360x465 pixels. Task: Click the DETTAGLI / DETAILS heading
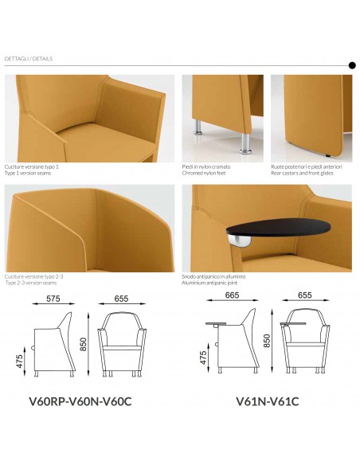coord(29,59)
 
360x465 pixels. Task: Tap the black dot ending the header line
coord(352,65)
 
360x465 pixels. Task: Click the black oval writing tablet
coord(278,227)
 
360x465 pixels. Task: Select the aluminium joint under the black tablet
coord(240,240)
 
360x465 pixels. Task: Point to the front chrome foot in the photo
coord(245,144)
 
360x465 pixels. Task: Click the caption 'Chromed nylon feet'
coord(204,174)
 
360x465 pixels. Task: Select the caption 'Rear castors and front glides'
coord(302,174)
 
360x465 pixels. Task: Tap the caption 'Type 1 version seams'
coord(28,174)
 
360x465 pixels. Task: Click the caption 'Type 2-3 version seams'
coord(31,283)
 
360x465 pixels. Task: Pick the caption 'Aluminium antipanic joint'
coord(209,283)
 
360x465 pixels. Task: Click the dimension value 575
coord(53,299)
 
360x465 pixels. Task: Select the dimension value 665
coord(232,295)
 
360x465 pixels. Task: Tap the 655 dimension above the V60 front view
coord(121,299)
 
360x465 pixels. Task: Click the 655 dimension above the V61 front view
coord(304,295)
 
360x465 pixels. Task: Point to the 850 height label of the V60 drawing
coord(84,344)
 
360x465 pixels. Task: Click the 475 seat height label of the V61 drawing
coord(203,358)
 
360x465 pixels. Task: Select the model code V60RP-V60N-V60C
coord(80,401)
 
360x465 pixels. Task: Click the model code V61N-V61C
coord(267,401)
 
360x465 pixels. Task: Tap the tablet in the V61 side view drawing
coord(216,323)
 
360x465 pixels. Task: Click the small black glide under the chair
coord(327,155)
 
